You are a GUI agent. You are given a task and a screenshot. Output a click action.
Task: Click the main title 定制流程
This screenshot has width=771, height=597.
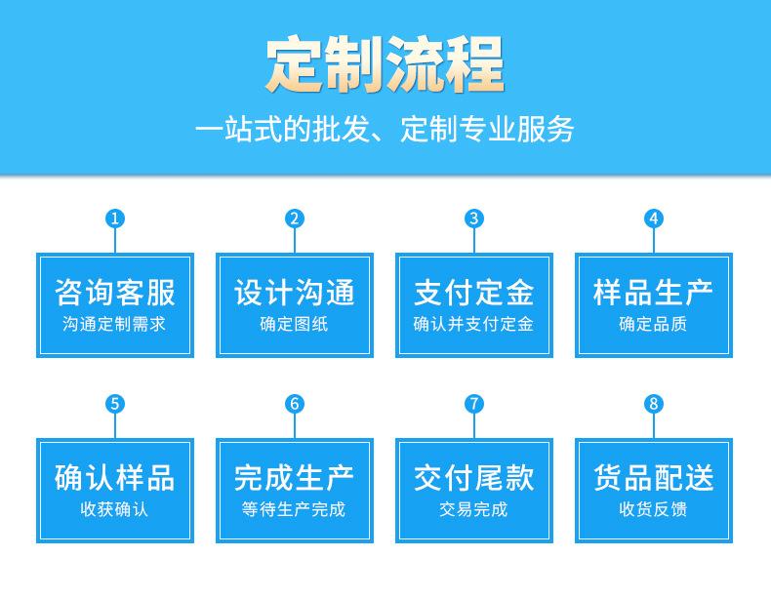(385, 63)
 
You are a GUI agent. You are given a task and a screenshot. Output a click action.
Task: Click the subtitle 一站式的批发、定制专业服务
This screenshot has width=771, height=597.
(385, 129)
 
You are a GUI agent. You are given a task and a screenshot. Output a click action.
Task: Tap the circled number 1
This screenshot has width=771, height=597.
(115, 219)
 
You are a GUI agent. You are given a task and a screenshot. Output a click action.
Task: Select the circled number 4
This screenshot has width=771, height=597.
(654, 219)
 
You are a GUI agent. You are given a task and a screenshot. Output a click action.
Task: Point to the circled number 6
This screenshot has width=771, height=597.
(295, 404)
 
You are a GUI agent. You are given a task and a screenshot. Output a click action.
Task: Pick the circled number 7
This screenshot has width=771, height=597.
(474, 404)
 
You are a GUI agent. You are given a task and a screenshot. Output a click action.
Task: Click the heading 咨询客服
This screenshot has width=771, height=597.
(115, 293)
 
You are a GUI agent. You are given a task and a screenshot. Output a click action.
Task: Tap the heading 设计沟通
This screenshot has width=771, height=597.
(295, 293)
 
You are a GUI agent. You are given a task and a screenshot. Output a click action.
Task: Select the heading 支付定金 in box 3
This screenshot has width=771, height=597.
(474, 293)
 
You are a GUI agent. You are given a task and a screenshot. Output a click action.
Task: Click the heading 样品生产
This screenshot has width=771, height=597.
(654, 293)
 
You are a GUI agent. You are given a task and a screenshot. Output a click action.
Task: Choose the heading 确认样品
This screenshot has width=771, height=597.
(115, 478)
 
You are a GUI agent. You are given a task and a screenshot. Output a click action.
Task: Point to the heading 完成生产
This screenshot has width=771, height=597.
(295, 478)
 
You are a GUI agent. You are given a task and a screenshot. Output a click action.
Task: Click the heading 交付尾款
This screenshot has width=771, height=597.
(474, 478)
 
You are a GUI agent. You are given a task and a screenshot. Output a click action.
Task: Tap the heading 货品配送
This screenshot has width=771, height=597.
(654, 478)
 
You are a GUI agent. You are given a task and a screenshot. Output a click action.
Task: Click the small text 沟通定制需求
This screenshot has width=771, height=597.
(114, 324)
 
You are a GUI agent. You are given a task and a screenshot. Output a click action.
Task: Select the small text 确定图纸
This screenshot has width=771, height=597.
(294, 324)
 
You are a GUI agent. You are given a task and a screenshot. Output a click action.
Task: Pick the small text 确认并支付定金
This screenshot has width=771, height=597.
(473, 324)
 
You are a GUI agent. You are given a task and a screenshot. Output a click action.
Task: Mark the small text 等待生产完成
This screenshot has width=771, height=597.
(294, 509)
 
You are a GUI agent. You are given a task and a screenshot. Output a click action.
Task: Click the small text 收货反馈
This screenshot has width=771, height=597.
(653, 509)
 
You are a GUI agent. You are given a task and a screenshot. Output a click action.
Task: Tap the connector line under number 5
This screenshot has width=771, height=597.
(115, 425)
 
